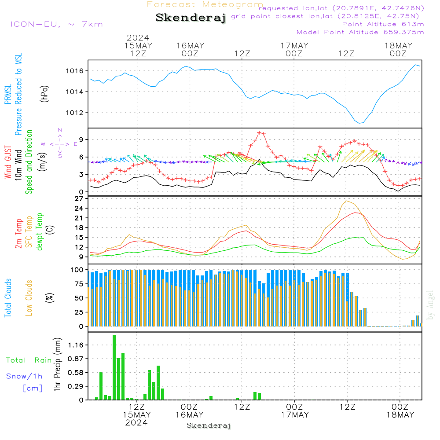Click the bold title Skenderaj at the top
pos(191,18)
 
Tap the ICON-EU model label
pos(56,24)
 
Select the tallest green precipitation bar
pos(114,367)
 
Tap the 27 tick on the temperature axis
pos(79,199)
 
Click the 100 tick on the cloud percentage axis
pos(77,269)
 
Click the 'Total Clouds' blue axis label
pos(8,298)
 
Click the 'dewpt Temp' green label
pos(40,231)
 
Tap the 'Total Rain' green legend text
pos(29,360)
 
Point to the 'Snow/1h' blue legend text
pos(24,376)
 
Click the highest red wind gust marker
pos(260,132)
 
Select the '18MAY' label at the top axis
pos(398,45)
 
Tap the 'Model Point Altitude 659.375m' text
pos(360,32)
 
